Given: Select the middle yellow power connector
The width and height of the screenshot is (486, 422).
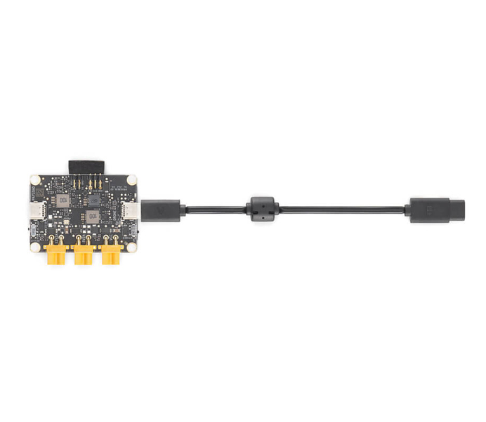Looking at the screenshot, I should coord(83,255).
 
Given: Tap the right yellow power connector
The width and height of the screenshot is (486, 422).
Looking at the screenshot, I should coord(111,255).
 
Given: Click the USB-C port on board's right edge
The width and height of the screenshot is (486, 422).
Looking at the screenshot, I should coord(131,210).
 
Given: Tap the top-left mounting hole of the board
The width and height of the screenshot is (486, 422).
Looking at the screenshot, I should coord(35,180).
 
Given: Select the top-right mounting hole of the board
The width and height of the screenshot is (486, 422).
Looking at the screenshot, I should coord(131,180).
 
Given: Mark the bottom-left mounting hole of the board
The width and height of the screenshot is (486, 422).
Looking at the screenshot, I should coord(35,246).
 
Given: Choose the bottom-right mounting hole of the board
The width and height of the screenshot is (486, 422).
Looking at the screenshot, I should coord(131,246).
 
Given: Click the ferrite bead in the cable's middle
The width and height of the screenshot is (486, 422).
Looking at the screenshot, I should coord(262,209).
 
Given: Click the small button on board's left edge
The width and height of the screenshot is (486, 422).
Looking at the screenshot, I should coord(32,231).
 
